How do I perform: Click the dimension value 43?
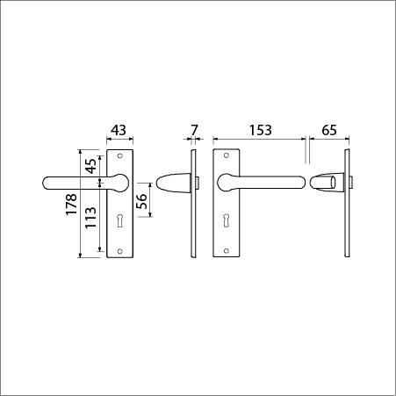point(119,130)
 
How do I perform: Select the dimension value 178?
point(71,205)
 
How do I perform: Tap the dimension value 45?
point(91,166)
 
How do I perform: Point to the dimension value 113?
point(90,218)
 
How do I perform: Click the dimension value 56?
point(141,201)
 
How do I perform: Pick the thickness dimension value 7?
point(194,130)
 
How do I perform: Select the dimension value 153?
point(261,130)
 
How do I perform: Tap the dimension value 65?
point(329,130)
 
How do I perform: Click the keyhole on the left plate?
point(119,220)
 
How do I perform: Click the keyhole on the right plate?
point(226,220)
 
